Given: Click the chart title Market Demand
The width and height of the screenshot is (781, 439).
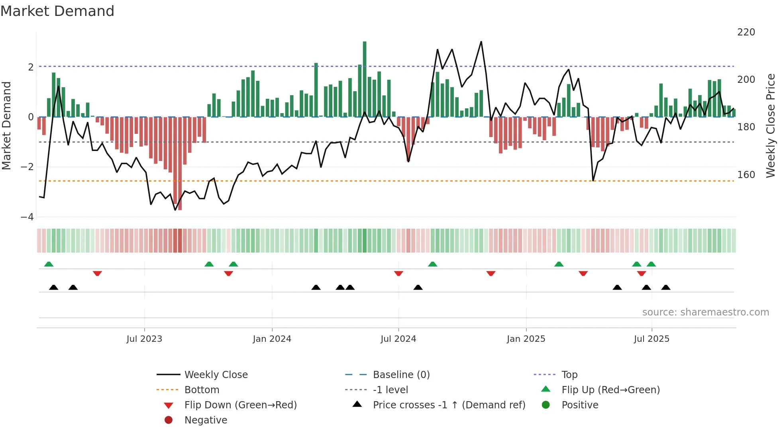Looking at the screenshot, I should point(57,11).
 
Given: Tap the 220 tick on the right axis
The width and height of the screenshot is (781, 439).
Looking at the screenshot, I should point(746,32).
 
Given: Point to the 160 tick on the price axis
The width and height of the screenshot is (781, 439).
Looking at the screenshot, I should point(746,175).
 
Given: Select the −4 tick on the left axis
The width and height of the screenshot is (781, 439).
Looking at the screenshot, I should point(27,217).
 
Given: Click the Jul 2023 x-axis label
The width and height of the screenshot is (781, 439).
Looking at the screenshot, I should point(144,339).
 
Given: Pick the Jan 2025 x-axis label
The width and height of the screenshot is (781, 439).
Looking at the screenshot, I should point(526,339).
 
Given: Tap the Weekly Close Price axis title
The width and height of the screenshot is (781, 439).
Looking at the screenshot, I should point(771,125).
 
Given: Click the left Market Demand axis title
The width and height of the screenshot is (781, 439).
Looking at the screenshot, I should point(7,125).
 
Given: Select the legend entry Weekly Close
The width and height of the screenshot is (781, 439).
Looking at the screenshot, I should point(216,375).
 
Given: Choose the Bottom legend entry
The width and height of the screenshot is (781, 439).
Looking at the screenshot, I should point(202,390).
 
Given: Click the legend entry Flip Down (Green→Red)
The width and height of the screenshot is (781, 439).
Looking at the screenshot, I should point(240,405).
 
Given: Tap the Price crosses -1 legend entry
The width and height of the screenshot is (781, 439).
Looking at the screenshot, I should point(449,405).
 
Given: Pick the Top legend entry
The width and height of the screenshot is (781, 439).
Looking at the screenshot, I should point(569,375).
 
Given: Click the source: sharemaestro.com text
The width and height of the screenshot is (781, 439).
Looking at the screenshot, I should point(705,312).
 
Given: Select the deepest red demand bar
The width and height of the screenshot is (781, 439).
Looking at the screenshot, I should point(180,163).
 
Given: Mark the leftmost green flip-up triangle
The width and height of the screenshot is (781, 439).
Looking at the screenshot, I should point(49,264).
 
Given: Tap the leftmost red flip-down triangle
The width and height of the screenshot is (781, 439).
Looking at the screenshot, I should point(97,273).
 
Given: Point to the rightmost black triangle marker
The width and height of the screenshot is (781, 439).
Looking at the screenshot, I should point(666,287).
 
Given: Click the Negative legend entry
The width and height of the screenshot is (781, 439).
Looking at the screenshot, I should point(206,420).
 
